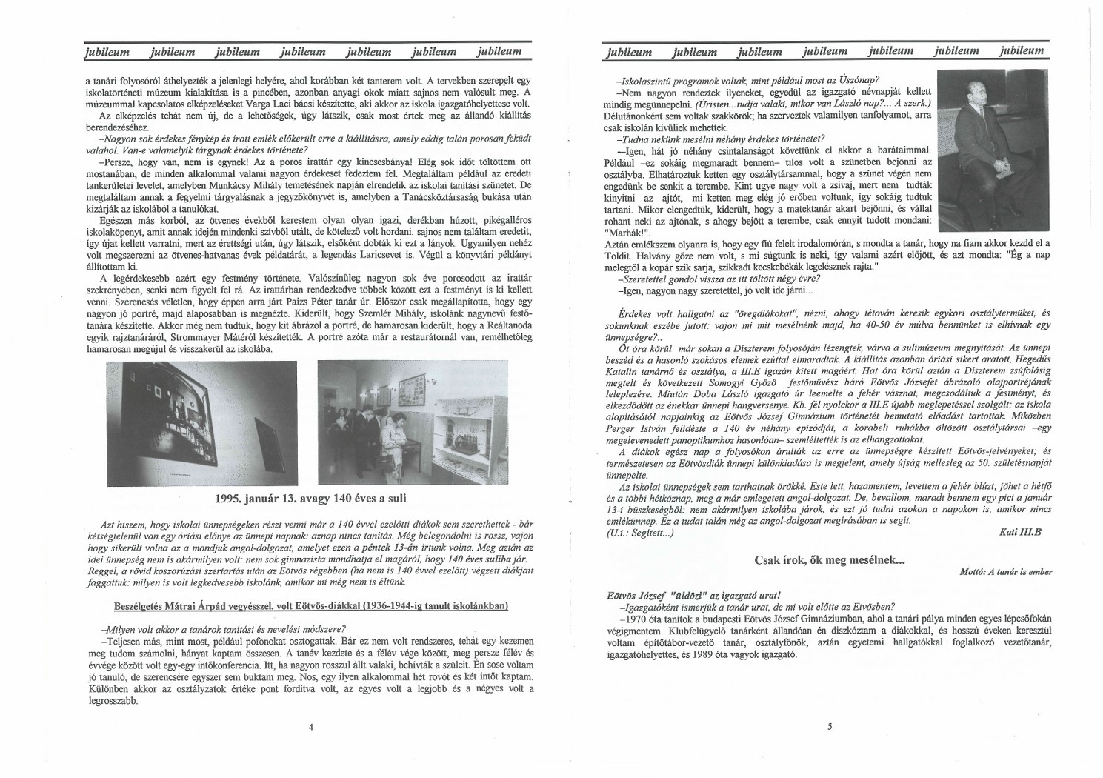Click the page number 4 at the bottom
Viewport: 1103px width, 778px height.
(x=311, y=727)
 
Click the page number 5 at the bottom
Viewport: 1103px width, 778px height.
(x=830, y=727)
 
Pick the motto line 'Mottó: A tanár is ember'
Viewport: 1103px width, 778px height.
(x=1005, y=572)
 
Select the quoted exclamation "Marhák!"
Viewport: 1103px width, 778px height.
(x=627, y=231)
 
